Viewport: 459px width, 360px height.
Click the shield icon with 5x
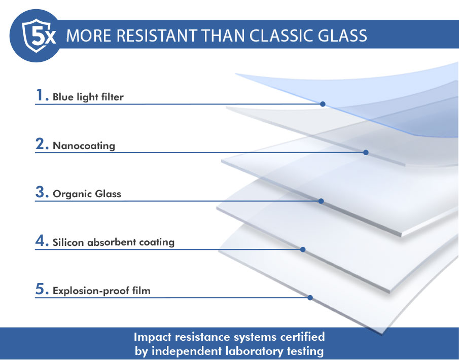(38, 35)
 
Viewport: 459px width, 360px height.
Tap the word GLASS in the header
(342, 35)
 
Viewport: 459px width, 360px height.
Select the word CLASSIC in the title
(281, 35)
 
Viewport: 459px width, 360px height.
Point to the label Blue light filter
(88, 97)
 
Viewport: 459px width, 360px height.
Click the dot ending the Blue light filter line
(323, 104)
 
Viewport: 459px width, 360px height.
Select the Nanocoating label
(84, 146)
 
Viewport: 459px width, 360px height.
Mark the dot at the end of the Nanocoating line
(366, 152)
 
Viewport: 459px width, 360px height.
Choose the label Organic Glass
(87, 194)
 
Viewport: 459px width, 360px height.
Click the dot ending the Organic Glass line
(321, 201)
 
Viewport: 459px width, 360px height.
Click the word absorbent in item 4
(112, 242)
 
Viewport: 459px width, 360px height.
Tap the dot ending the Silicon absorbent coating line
(303, 249)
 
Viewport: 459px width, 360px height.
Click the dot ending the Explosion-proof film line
(310, 298)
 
